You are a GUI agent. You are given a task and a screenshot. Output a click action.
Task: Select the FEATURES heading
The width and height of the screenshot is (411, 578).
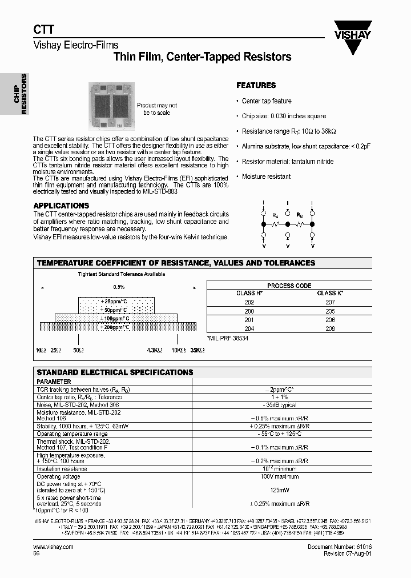(x=256, y=86)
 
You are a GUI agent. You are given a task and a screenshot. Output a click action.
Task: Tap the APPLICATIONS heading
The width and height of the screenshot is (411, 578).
(x=61, y=206)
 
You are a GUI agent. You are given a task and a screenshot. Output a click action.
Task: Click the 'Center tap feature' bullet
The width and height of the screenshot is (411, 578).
(x=267, y=101)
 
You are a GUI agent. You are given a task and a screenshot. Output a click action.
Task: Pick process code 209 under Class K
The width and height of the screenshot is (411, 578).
(x=330, y=329)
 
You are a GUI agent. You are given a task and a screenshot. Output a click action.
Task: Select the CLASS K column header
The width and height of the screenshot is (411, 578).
(x=330, y=293)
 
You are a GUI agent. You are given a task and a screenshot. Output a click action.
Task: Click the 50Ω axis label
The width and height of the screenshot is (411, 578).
(x=78, y=349)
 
